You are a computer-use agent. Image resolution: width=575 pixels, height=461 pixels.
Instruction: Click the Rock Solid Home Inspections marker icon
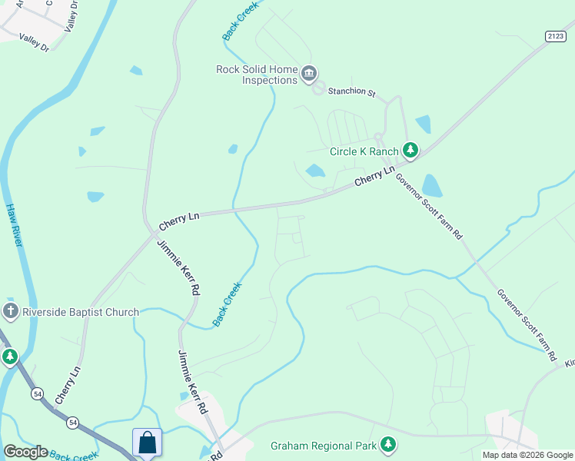309,74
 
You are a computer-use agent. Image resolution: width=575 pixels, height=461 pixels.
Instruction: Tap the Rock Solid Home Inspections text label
257,75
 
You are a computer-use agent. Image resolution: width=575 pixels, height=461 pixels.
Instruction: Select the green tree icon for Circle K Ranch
411,151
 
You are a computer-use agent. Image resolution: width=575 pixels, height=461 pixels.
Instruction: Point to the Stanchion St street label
351,94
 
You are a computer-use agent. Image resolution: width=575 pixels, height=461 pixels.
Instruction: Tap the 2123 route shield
555,35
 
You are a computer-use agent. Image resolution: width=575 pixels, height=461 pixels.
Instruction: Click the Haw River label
16,224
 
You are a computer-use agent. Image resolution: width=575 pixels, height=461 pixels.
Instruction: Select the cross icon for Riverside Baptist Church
10,312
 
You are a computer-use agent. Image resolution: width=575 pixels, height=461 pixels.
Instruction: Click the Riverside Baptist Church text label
80,312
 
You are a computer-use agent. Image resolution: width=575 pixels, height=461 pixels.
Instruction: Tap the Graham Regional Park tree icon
389,445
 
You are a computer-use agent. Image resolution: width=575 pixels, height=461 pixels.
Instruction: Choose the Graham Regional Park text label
323,446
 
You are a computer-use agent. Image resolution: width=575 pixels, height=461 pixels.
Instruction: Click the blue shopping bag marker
147,443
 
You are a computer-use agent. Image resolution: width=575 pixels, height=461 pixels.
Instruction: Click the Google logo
25,452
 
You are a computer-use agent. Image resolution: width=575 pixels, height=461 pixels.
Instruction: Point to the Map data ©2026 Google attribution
527,455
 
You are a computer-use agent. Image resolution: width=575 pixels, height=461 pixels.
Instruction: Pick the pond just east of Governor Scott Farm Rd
432,186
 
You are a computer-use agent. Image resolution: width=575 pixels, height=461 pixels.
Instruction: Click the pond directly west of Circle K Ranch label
315,171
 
